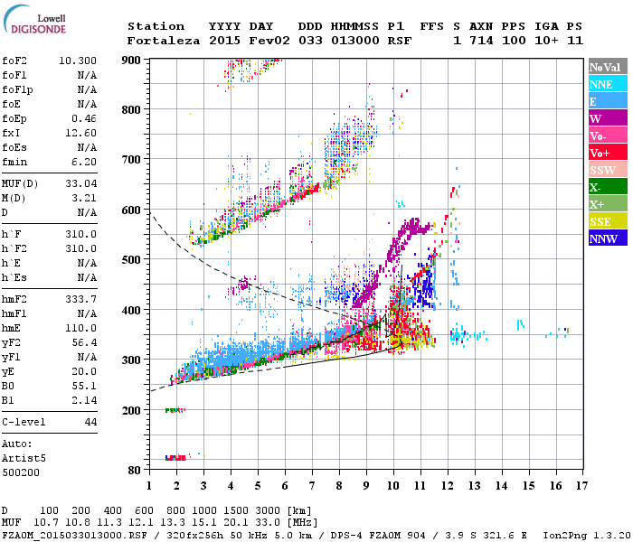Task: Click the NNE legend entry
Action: [x=607, y=84]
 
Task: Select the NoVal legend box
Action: [x=607, y=67]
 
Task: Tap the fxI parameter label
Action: [x=12, y=131]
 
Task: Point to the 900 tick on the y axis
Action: [x=132, y=60]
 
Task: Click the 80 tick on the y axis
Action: [x=136, y=470]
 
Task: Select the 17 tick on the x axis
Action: [x=580, y=485]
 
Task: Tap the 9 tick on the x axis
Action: [x=367, y=485]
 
